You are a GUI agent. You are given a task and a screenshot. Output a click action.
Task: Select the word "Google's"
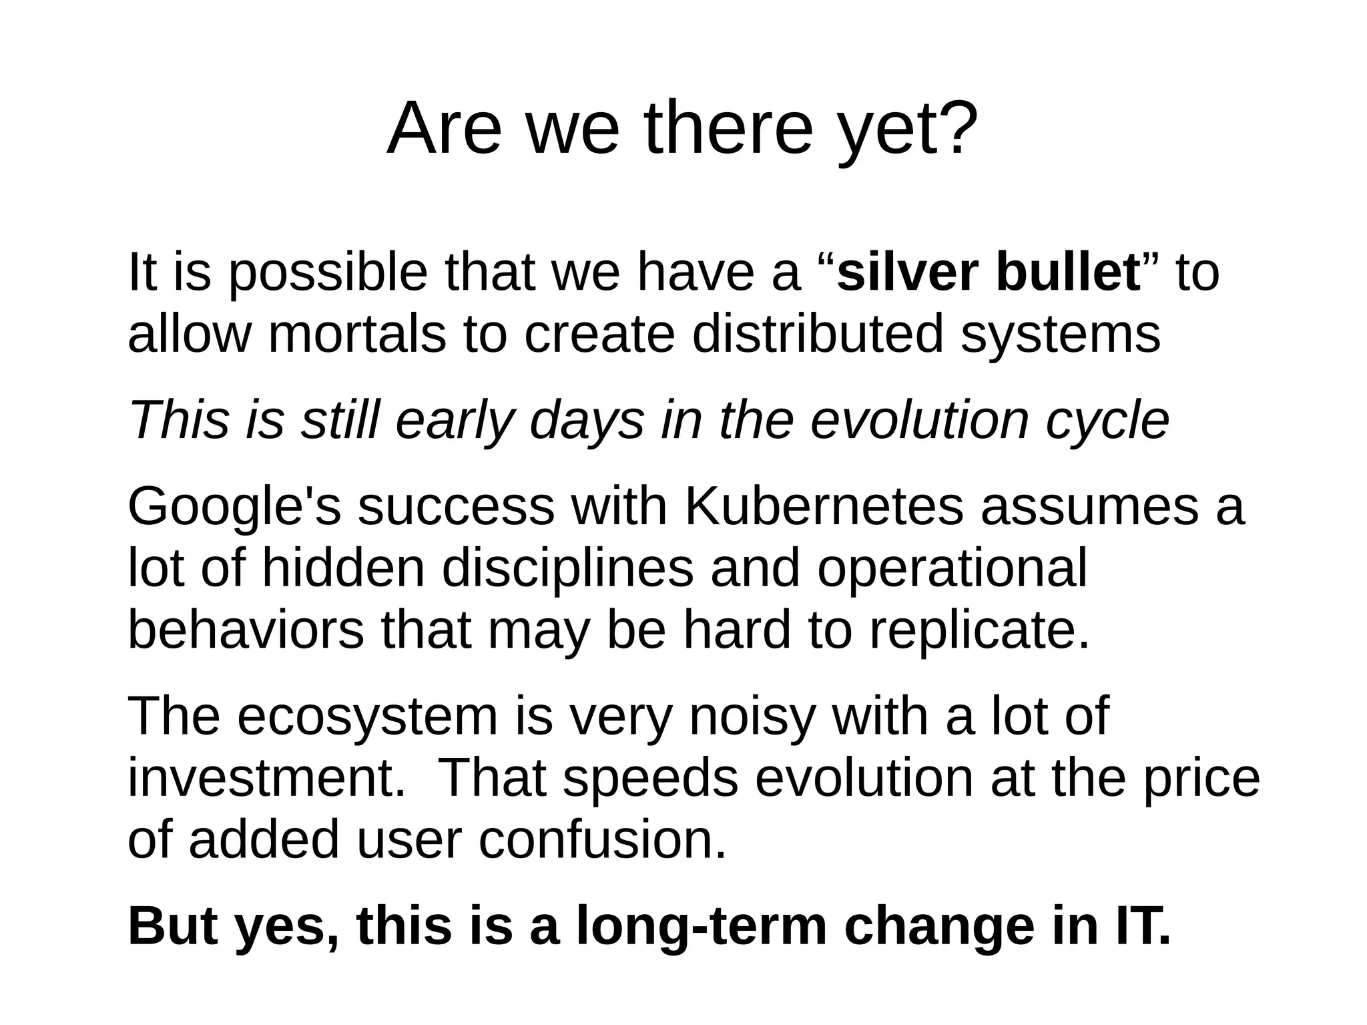[x=234, y=507]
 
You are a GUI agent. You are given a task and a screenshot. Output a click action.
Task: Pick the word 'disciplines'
[x=567, y=568]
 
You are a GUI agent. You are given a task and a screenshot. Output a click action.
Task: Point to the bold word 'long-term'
[x=701, y=926]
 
